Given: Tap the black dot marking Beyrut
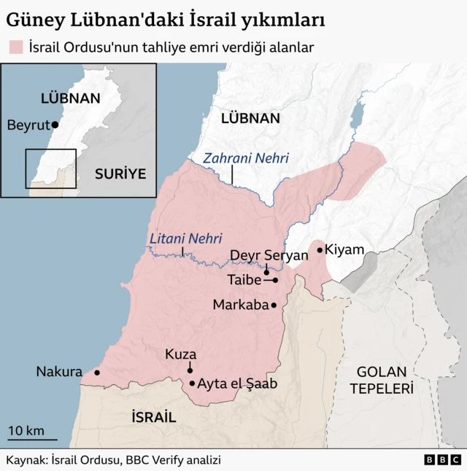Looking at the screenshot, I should coord(55,125).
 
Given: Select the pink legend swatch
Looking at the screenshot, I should coord(16,47).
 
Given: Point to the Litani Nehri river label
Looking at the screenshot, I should coord(185,238).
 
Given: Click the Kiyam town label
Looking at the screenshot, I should coord(344,249).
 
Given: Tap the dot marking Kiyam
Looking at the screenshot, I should coord(320,249).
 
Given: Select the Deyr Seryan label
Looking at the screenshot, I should coord(269,255).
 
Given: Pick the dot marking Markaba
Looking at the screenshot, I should coord(274,305).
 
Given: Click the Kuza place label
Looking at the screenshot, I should coord(180,354).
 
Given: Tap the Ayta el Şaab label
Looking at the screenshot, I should coord(238,384).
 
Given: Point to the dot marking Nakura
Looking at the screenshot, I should coord(96,373).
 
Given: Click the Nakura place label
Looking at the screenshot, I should coord(59,372).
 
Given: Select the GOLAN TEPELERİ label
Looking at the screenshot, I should coord(381,380).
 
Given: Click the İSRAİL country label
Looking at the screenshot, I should coord(153,417).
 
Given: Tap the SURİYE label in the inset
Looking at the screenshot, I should coord(120,174).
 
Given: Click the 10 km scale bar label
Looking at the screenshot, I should coord(26,430).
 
